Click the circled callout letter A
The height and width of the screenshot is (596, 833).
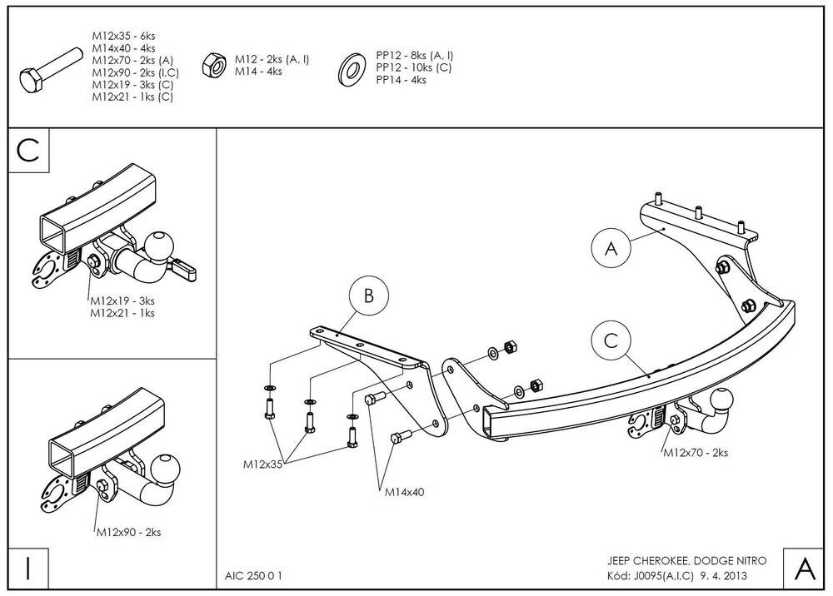(x=611, y=247)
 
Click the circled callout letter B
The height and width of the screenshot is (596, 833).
(x=367, y=296)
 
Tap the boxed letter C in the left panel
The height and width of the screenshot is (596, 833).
(x=28, y=151)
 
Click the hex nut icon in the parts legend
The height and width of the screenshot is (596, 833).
(x=212, y=63)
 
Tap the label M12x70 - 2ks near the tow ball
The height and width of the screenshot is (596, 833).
(x=696, y=453)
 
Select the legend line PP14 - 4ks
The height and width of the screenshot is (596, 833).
(x=401, y=80)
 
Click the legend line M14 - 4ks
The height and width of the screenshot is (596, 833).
(x=258, y=72)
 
